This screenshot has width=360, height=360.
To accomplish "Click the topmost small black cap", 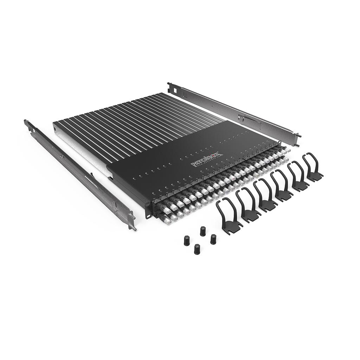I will pos(202,231).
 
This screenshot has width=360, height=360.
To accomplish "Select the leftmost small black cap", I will pos(186,241).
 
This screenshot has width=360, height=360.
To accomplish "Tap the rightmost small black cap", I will pos(213,239).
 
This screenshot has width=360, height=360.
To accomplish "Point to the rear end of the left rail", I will pos(27,124).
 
